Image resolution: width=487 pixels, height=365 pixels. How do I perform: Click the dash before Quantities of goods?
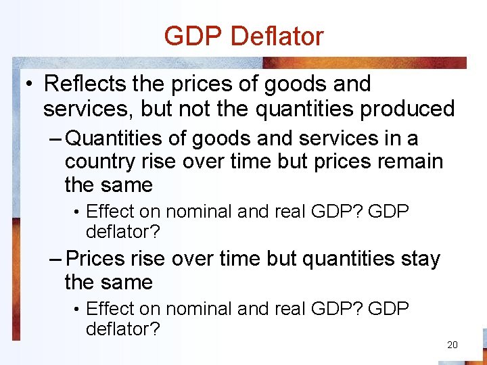(x=56, y=139)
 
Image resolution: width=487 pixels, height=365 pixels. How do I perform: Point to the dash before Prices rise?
(x=56, y=259)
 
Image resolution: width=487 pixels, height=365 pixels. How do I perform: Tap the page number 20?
(x=452, y=345)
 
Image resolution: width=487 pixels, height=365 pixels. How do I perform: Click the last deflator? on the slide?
(x=123, y=329)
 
